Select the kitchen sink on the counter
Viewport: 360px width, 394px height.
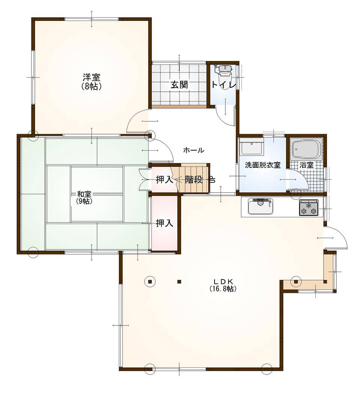[261, 206]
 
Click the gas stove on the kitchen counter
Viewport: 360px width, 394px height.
[308, 207]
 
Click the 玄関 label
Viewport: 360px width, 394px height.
[179, 85]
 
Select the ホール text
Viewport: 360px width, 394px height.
[193, 151]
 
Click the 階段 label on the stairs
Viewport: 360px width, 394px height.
[194, 180]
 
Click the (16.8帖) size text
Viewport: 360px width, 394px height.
[223, 289]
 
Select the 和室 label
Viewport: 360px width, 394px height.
[84, 194]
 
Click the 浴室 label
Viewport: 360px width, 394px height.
[307, 165]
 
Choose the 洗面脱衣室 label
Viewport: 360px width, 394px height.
[262, 165]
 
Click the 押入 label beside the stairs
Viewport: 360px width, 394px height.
[165, 180]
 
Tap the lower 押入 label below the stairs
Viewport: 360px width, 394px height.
[165, 223]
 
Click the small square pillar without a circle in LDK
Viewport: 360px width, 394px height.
[179, 282]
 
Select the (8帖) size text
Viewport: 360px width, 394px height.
[91, 86]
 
